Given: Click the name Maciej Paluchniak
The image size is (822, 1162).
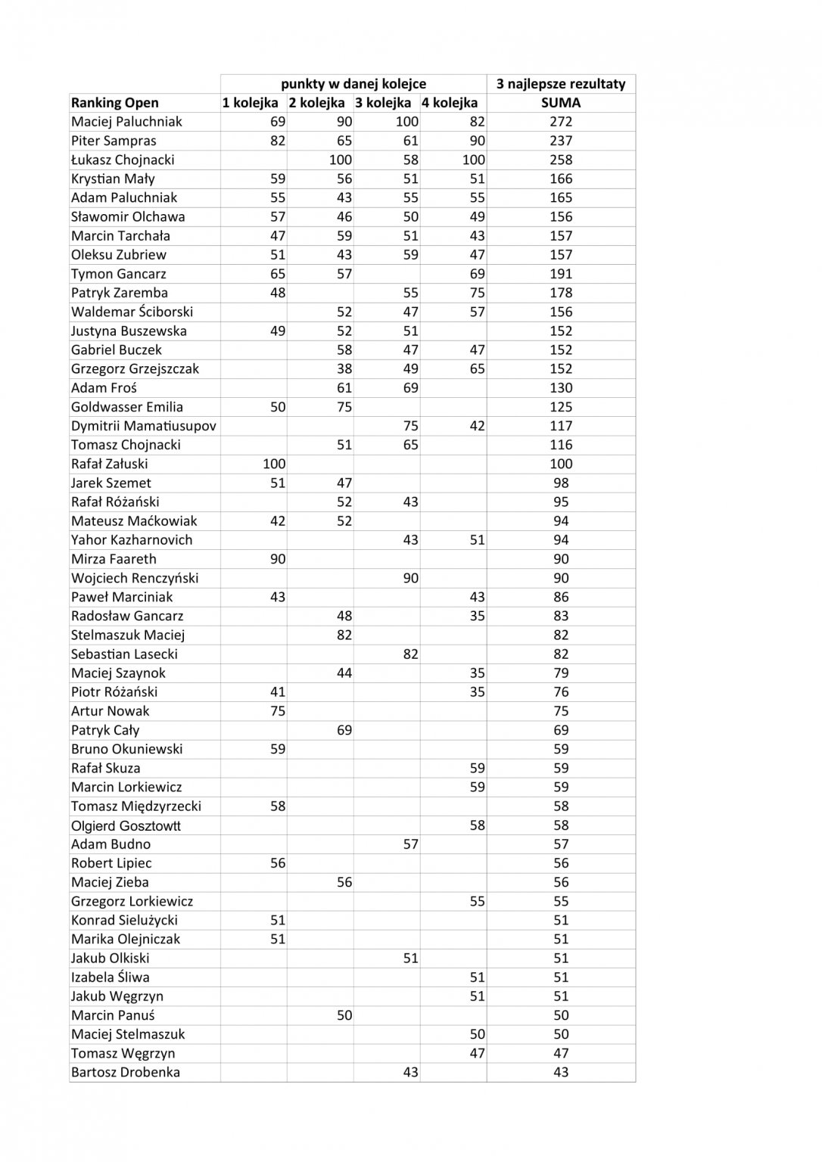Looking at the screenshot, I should (126, 122).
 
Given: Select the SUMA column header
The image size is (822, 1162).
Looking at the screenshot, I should (561, 103).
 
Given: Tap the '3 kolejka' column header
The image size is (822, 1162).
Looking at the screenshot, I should (383, 103).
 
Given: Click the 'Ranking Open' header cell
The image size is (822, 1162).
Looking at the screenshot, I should (115, 103).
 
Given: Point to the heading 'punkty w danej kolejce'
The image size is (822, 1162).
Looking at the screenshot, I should (353, 84).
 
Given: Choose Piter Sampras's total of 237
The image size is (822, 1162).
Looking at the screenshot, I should (561, 141).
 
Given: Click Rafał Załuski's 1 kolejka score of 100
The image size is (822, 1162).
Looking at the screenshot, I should (274, 464).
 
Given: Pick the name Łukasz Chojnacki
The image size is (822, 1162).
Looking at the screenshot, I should (123, 160).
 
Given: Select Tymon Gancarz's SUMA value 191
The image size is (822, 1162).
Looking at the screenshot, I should (561, 274).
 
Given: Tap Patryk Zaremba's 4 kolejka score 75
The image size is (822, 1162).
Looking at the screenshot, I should (477, 293).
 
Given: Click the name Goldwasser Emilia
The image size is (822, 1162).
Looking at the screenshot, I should (127, 407).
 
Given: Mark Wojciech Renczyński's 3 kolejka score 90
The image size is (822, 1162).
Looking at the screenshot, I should (410, 578).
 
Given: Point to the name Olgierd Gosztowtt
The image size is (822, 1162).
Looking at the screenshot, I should (126, 825).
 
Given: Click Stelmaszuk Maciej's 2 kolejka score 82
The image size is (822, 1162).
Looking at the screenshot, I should (344, 635).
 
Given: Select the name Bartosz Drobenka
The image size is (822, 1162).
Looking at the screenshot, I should (126, 1072).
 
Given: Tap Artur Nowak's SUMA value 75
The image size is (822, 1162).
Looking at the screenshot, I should (561, 711).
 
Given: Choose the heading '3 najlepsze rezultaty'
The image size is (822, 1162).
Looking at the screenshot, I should (561, 84).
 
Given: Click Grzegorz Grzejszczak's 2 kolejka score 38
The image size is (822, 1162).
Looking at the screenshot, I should (344, 368).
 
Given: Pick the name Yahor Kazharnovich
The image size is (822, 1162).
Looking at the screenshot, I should (132, 540).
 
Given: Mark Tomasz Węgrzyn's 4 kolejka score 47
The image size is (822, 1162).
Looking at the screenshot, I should (477, 1053).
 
